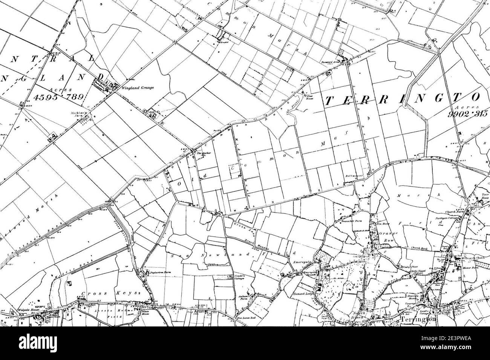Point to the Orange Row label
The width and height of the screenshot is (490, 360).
click(386, 236)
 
